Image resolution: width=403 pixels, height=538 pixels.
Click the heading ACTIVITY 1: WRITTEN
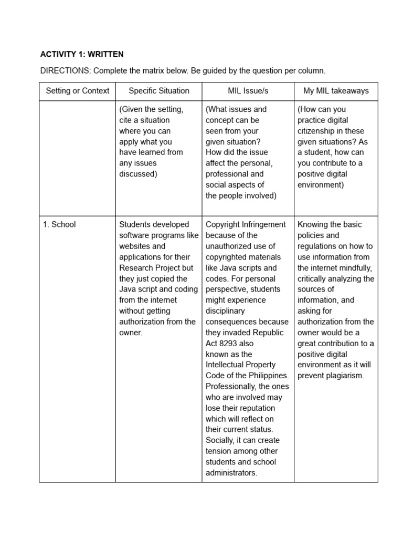click(x=82, y=54)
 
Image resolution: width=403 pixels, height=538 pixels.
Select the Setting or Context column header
click(x=78, y=91)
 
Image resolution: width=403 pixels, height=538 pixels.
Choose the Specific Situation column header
click(x=159, y=91)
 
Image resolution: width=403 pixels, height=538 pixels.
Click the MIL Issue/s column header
click(x=248, y=91)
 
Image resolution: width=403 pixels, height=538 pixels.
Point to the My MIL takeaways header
click(x=336, y=91)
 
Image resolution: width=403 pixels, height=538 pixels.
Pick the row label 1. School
click(x=59, y=224)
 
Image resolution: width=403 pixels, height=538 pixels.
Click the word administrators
click(x=231, y=473)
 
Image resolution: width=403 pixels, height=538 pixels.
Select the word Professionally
click(x=230, y=387)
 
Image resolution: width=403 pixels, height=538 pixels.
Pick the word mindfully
click(x=356, y=268)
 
